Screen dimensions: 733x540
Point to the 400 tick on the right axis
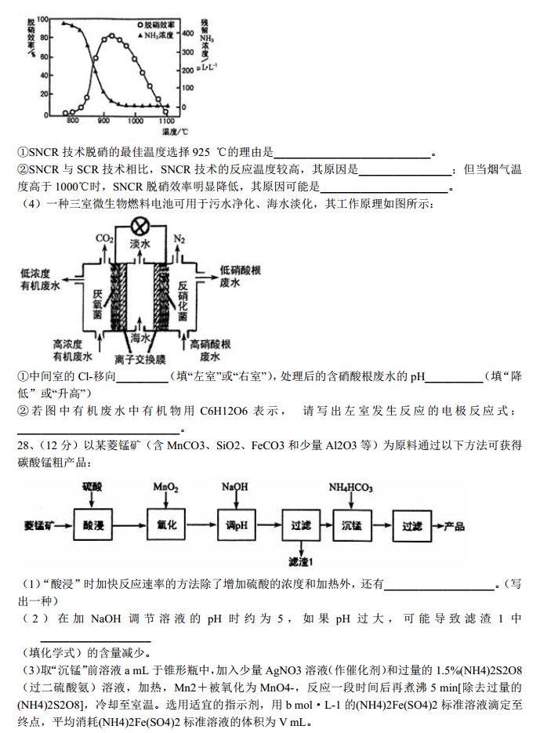(x=188, y=34)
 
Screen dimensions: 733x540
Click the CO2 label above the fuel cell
(x=104, y=238)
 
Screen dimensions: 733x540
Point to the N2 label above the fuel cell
(x=179, y=238)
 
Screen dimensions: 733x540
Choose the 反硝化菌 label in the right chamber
(x=185, y=299)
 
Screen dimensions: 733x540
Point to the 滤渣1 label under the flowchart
(x=301, y=561)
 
